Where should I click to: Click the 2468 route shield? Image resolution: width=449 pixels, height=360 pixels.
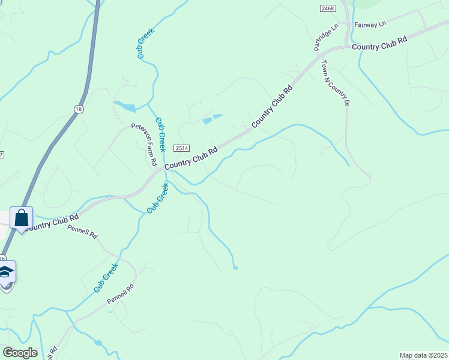tap(328, 8)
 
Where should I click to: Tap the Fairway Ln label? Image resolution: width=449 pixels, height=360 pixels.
tap(370, 25)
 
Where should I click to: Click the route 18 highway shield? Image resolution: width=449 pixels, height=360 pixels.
tap(79, 109)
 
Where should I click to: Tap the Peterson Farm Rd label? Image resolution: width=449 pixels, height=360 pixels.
tap(145, 145)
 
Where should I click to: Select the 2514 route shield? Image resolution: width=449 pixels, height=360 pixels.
tap(182, 148)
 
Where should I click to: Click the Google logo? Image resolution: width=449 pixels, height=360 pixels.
tap(20, 353)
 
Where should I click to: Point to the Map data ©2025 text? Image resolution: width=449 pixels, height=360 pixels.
tap(424, 355)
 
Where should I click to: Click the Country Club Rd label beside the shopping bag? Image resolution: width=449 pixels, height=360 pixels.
tap(53, 223)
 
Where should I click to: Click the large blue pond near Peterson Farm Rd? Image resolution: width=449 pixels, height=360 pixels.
tap(125, 107)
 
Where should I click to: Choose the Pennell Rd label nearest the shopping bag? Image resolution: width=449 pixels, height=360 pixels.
tap(82, 232)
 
